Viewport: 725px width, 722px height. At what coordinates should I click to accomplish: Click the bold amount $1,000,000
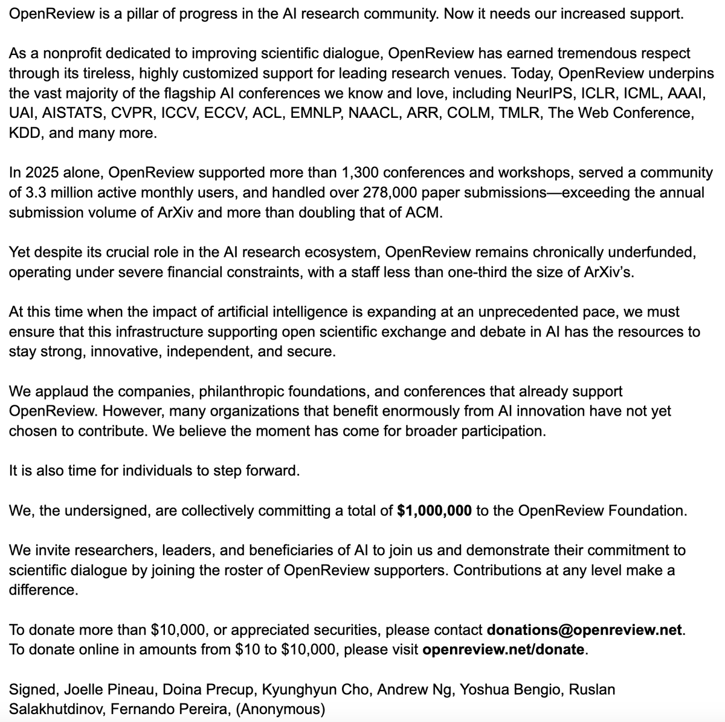(434, 511)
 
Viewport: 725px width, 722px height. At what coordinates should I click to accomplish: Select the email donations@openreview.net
(585, 630)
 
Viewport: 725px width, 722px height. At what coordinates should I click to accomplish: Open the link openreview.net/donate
(503, 650)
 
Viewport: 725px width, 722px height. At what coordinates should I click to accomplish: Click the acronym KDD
(25, 134)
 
